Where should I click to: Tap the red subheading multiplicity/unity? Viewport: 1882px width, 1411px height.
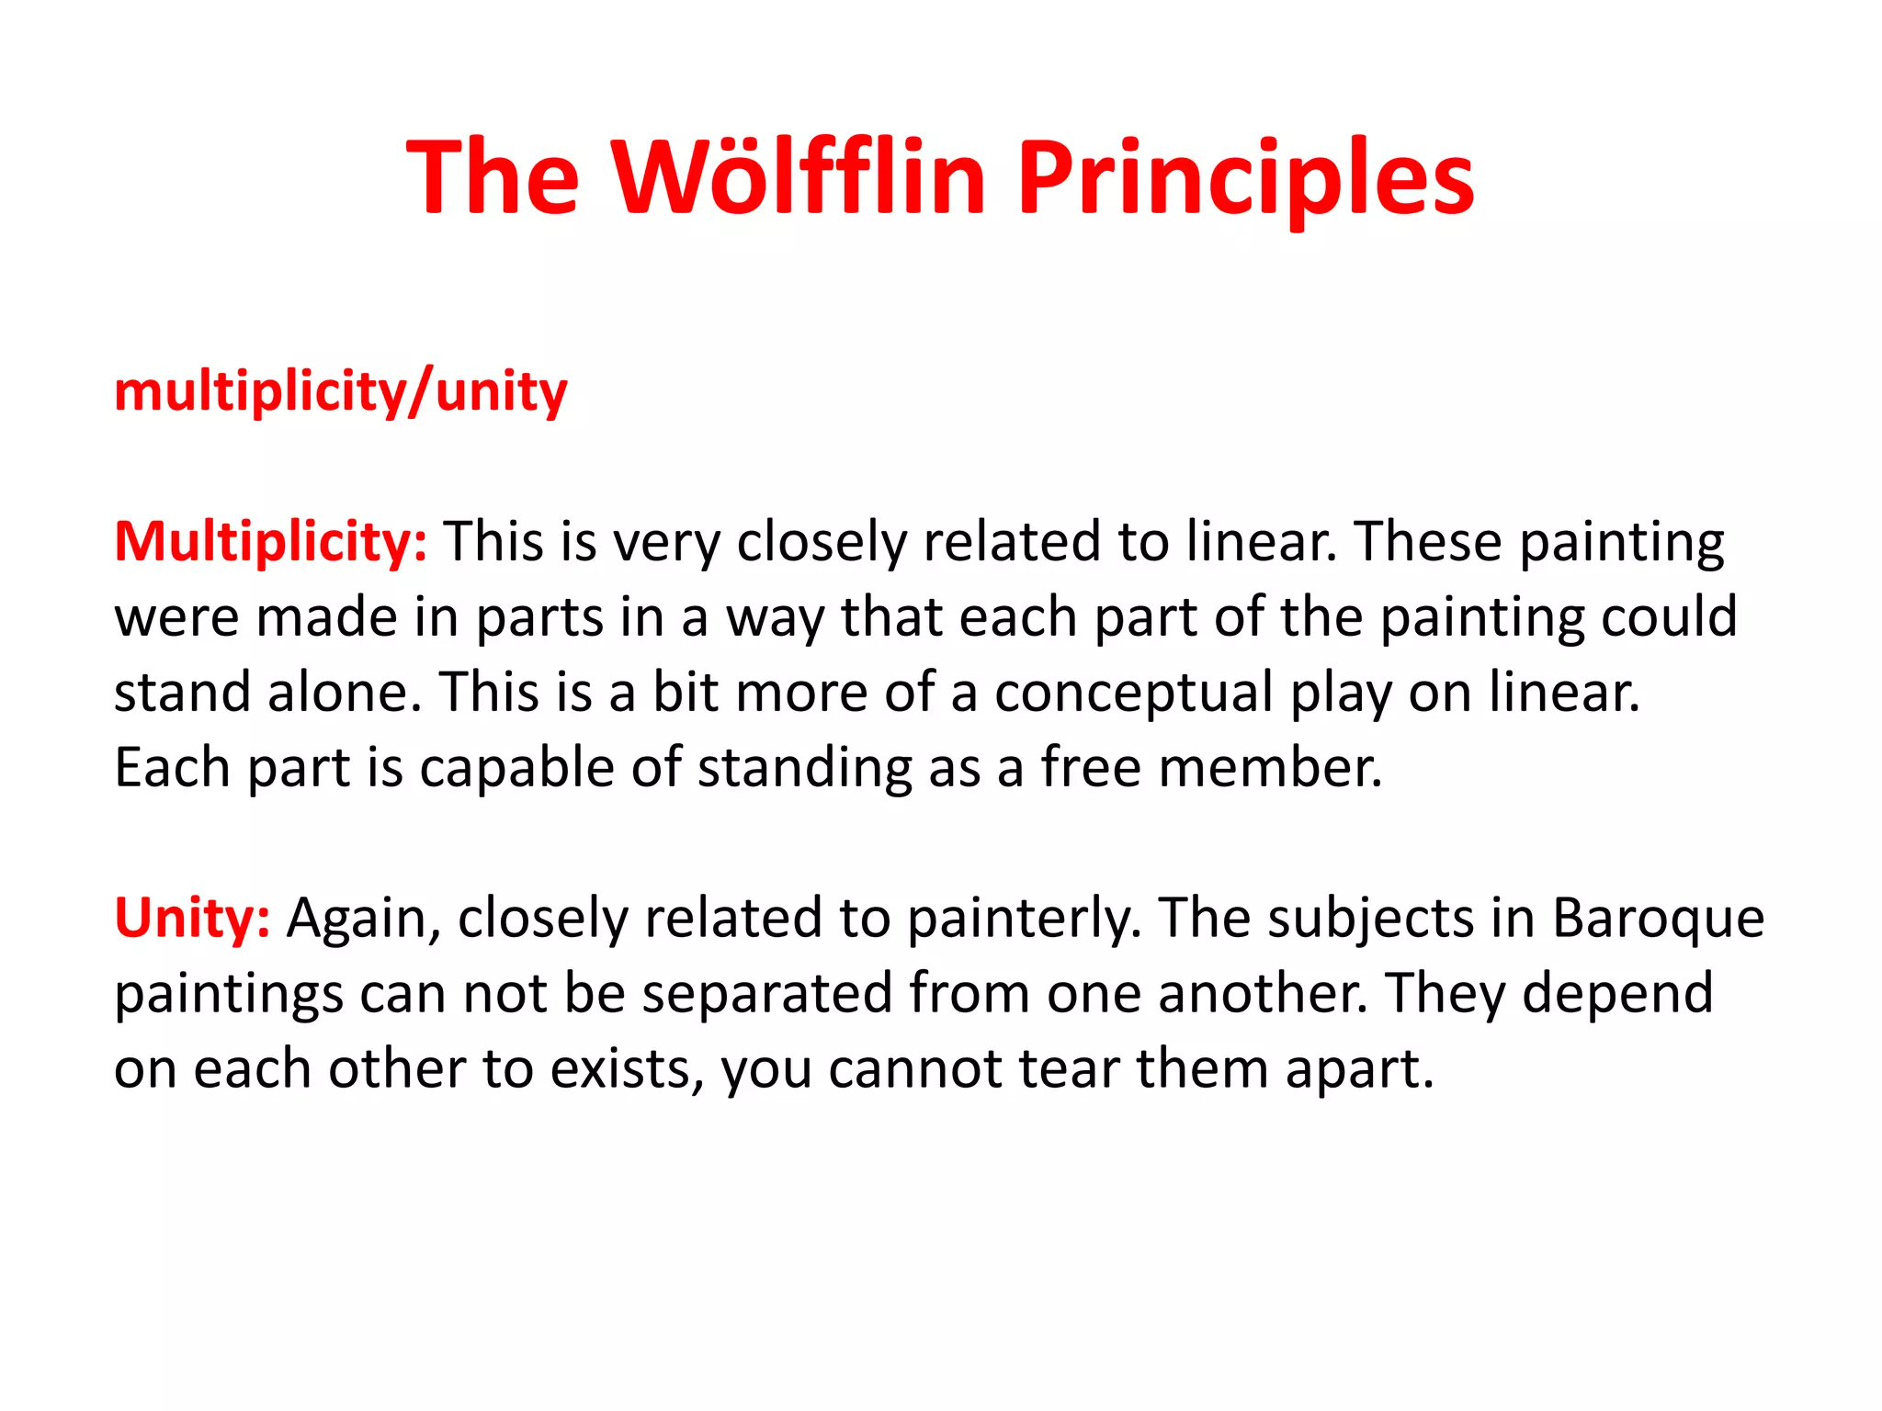tap(340, 392)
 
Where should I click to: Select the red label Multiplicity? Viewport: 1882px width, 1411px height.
tap(270, 542)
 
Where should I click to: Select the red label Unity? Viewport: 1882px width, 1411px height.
tap(191, 918)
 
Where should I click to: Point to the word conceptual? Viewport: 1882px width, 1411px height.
tap(1133, 693)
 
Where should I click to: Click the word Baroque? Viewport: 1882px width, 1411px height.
tap(1658, 918)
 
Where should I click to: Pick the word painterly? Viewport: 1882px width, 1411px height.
tap(1024, 918)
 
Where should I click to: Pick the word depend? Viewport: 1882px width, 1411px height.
tap(1617, 994)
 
